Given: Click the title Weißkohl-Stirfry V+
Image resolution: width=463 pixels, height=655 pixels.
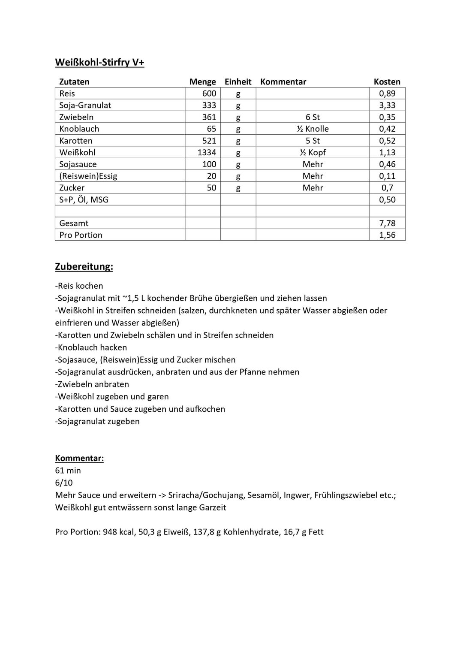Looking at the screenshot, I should pos(99,63).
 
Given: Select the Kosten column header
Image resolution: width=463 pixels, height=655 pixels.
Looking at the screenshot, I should pos(387,82).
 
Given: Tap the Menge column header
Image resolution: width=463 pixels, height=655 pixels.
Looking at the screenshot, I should pos(202,82).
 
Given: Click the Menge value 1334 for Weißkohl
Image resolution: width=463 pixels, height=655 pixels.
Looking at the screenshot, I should pos(207,152).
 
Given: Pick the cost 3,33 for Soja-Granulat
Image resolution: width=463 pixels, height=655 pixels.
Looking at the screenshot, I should pos(387,105).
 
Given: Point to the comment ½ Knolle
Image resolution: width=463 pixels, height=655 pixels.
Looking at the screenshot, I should pos(313,129).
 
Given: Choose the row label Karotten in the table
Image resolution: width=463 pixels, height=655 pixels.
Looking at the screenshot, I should pos(76,141).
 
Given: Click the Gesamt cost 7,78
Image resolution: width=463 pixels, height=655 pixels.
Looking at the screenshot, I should pos(387,223).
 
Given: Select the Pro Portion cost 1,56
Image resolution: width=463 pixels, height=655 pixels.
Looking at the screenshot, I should pos(387,235).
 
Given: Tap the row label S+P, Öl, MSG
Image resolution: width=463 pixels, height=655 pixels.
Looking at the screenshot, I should pos(84,199).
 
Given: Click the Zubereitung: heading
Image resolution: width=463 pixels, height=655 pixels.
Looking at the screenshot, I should pos(84,267).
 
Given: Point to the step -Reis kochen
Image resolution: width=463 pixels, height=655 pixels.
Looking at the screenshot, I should pos(79,286).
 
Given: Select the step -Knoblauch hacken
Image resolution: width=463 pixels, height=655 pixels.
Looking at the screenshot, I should pos(91,347).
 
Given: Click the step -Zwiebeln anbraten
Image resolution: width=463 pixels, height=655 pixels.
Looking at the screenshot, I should pos(92,384).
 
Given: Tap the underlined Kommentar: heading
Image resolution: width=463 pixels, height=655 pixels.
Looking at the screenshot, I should pos(79,458).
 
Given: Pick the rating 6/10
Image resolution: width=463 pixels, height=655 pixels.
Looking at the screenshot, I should pos(64,483).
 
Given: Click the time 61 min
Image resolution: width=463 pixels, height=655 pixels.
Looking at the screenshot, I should pos(68,471).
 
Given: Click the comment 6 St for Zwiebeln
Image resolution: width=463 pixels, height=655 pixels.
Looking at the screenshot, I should pos(313,117).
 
